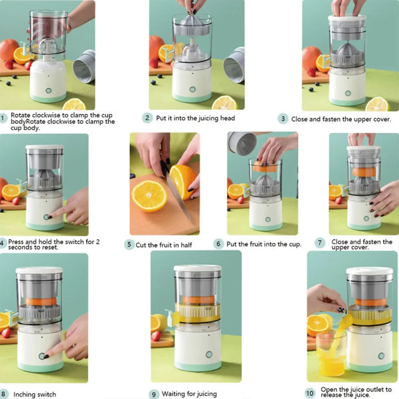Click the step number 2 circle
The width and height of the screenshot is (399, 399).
coord(147,118)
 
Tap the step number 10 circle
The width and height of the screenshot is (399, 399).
coord(310,393)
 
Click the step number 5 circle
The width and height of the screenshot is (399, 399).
coord(129,245)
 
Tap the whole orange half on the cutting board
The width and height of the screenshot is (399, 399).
coord(149,196)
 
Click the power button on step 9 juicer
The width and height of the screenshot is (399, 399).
coord(209,355)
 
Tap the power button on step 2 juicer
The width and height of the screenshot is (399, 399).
coord(192,89)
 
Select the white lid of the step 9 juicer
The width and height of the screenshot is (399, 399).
coord(198,268)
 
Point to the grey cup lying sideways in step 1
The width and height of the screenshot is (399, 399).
coord(85,66)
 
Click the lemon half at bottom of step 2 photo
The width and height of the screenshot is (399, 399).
coord(224,103)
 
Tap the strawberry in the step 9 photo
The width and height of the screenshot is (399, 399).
coord(156,336)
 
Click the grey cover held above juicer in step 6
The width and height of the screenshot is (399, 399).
coord(242,143)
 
